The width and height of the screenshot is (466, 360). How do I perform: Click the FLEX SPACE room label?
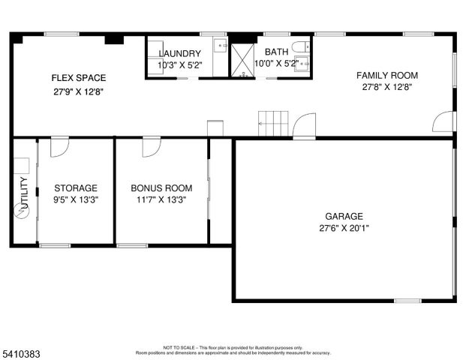point(78,77)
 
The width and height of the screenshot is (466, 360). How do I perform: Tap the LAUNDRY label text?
point(179,53)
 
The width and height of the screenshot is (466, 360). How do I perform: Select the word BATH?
point(275,51)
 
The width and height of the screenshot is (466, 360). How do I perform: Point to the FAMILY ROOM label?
point(386,75)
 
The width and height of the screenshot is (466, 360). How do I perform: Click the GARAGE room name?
point(344,215)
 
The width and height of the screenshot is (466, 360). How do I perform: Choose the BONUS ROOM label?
point(161,188)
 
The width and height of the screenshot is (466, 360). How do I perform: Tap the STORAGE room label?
point(76,188)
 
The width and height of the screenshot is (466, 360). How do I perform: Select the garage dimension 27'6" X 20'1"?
point(344,228)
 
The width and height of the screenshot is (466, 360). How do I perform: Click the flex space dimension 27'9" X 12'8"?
point(78,91)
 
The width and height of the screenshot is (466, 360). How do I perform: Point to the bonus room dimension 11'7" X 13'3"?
point(161,200)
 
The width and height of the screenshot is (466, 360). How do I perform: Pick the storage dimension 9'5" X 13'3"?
point(76,200)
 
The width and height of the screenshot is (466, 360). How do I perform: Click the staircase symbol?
point(273,122)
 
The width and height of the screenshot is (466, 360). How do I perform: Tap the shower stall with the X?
point(242,60)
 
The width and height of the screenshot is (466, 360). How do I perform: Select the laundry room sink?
point(221,47)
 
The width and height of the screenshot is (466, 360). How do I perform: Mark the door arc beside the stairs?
point(304,127)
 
